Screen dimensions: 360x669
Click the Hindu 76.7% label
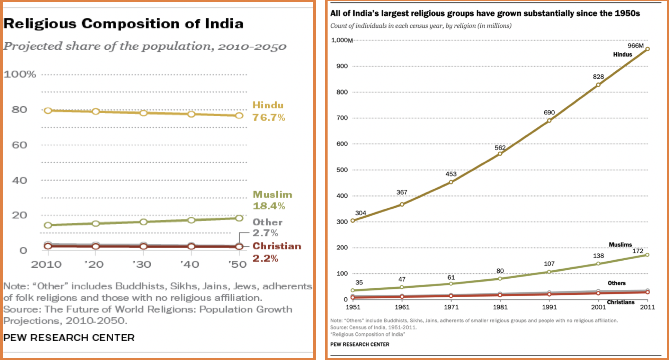(268, 111)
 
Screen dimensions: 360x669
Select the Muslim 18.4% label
(272, 200)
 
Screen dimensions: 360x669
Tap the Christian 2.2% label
(276, 252)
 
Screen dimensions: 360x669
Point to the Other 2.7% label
(267, 227)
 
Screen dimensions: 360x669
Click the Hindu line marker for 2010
(48, 110)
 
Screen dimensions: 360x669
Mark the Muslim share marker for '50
(239, 218)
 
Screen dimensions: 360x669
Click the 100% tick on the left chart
(20, 74)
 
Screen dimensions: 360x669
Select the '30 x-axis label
(142, 264)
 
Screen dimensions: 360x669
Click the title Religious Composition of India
(123, 24)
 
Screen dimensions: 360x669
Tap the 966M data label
(635, 46)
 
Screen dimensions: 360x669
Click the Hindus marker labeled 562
(500, 154)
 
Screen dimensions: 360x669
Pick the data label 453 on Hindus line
(451, 174)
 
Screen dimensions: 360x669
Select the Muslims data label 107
(549, 264)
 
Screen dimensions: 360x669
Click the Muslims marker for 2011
(647, 255)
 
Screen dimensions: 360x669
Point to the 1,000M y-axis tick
(342, 40)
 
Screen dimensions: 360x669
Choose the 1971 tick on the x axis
(451, 307)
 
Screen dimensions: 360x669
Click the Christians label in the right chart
(621, 302)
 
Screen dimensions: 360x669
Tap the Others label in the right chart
(617, 283)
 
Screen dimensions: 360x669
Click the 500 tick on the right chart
(342, 170)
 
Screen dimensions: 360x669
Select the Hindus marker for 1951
(353, 220)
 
